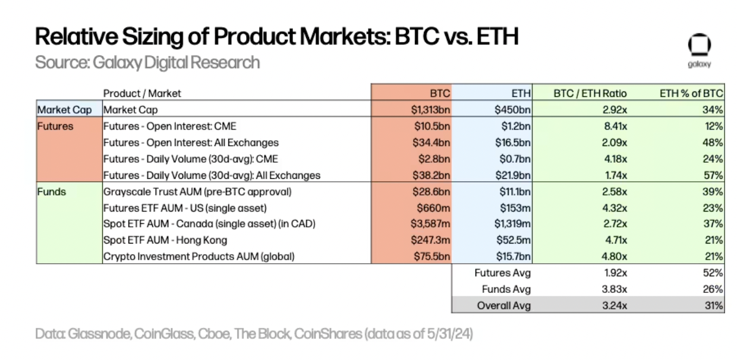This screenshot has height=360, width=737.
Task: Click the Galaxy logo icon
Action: click(699, 45)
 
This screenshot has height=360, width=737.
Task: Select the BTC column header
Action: click(440, 93)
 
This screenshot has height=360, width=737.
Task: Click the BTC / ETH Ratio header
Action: click(590, 93)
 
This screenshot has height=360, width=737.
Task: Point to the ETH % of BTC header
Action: click(691, 93)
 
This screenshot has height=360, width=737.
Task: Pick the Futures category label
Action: click(55, 127)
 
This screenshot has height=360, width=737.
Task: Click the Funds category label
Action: click(51, 192)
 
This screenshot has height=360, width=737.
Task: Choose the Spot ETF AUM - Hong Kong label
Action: click(165, 241)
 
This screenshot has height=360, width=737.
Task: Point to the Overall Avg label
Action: click(504, 306)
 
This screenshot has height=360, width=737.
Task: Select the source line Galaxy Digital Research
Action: click(147, 62)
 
